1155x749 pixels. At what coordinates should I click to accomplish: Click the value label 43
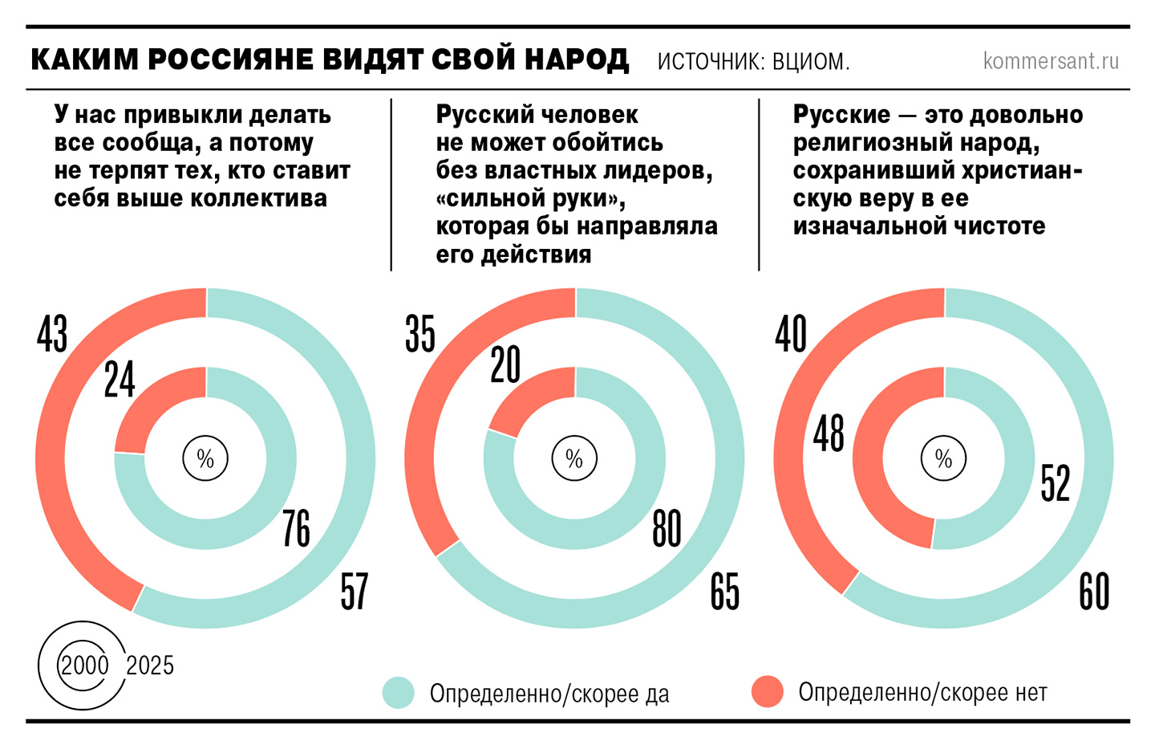(x=52, y=334)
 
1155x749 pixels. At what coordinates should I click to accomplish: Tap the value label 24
(x=120, y=380)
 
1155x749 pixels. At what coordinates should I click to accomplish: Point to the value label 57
(x=355, y=592)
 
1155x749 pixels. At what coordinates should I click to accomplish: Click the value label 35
(x=419, y=334)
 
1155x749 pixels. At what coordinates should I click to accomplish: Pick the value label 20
(x=505, y=365)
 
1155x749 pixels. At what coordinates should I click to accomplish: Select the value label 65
(x=724, y=592)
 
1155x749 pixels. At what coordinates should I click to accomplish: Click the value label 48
(x=829, y=434)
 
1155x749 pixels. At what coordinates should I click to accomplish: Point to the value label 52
(x=1056, y=483)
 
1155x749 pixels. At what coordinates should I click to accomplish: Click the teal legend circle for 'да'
(x=399, y=692)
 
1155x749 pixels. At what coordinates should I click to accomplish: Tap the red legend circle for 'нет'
(x=768, y=691)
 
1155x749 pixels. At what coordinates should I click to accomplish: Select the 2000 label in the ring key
(x=84, y=665)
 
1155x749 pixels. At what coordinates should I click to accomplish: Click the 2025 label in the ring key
(x=150, y=665)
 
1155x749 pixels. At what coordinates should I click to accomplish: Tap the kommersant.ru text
(x=1051, y=61)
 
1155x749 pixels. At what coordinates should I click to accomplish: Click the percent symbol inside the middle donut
(x=574, y=458)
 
